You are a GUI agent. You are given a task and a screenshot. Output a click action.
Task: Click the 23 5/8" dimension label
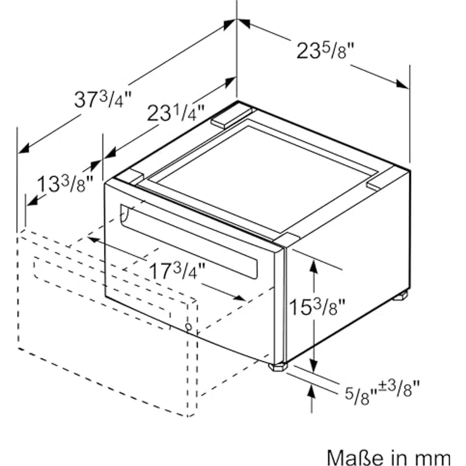click(x=325, y=51)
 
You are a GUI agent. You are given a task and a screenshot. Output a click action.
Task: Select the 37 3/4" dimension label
click(x=103, y=99)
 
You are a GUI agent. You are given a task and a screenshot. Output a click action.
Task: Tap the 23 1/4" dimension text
click(x=175, y=113)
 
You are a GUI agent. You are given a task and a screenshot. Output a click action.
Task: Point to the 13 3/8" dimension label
click(x=65, y=184)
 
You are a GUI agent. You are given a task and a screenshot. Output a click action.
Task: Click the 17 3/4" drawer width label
click(x=177, y=270)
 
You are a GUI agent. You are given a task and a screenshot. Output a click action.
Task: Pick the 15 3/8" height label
click(x=317, y=306)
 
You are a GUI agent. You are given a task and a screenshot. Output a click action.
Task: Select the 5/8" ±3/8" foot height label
click(x=382, y=392)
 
